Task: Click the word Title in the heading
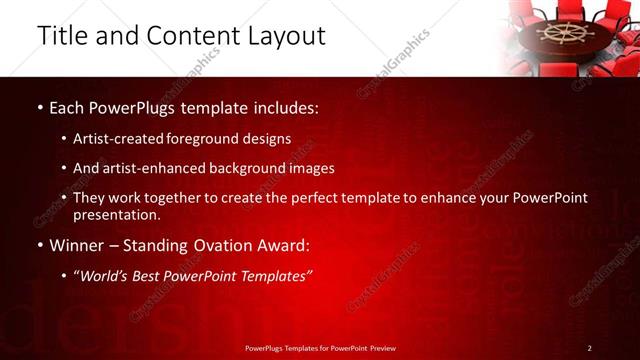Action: [x=61, y=36]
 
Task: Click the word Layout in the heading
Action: [x=283, y=36]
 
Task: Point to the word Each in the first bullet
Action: [x=67, y=106]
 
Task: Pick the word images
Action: [x=313, y=169]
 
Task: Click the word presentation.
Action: [x=116, y=215]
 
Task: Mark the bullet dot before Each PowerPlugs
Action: [x=39, y=107]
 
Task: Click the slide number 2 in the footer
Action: [x=589, y=348]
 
